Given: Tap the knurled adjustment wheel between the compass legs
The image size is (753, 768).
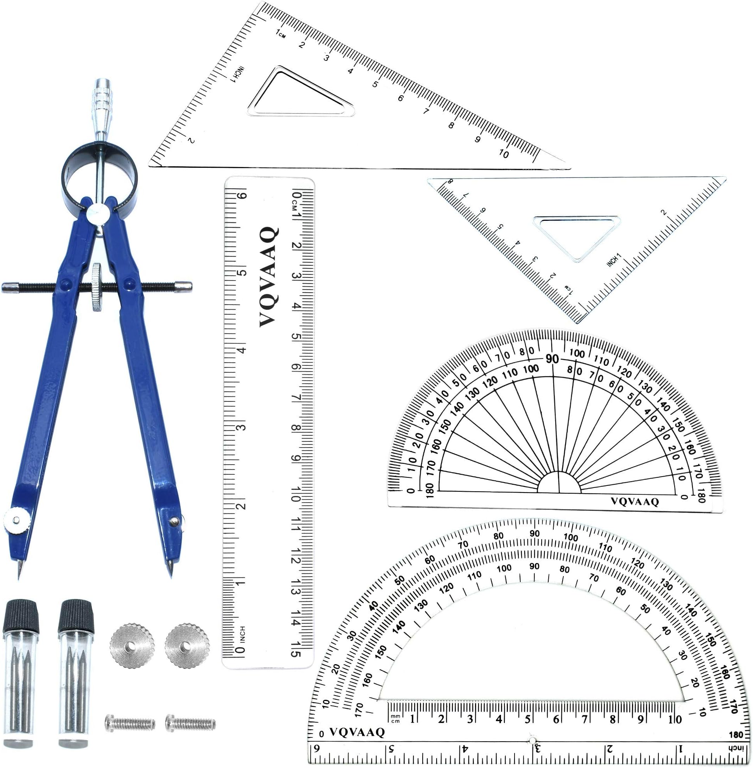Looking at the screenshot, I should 95,287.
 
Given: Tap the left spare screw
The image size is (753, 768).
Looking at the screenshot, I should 130,723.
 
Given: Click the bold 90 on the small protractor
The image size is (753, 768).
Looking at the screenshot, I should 552,359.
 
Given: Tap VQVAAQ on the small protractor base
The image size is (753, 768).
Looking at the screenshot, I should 635,501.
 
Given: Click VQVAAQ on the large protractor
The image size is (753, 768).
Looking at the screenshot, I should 357,732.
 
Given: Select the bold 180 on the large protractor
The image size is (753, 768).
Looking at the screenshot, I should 736,734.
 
